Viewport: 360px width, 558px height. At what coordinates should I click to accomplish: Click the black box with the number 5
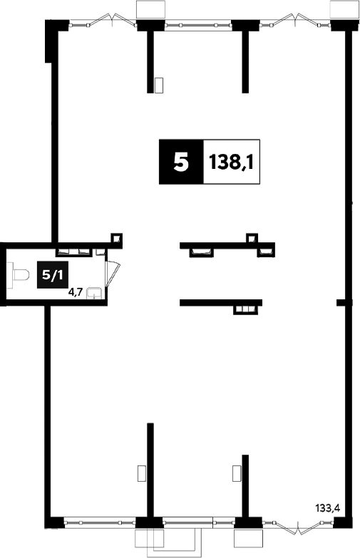[x=181, y=162]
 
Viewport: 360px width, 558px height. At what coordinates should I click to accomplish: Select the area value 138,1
[x=232, y=162]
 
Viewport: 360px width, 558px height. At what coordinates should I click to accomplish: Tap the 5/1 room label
[x=53, y=274]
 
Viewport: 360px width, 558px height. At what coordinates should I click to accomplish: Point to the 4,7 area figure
[x=76, y=292]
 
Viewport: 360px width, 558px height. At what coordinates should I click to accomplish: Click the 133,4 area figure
[x=328, y=507]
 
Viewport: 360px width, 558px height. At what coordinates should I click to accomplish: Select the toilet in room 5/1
[x=19, y=275]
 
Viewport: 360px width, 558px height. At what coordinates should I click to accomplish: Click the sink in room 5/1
[x=95, y=292]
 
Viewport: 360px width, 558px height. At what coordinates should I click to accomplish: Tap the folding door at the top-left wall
[x=103, y=20]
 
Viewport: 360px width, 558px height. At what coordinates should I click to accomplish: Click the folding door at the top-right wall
[x=295, y=20]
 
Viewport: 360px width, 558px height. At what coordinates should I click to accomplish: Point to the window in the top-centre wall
[x=198, y=25]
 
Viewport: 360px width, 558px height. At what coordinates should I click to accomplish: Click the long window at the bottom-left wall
[x=100, y=522]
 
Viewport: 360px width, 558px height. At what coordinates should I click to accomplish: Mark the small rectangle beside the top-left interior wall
[x=159, y=85]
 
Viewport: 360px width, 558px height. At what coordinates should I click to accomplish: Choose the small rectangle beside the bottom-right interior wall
[x=237, y=473]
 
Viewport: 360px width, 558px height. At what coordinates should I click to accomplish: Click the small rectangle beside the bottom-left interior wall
[x=142, y=473]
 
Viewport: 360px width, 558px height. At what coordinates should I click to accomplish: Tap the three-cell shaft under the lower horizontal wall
[x=245, y=309]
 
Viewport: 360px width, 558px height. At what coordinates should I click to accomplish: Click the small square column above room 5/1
[x=116, y=238]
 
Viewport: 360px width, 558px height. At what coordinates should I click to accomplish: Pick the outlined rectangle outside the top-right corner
[x=344, y=9]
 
